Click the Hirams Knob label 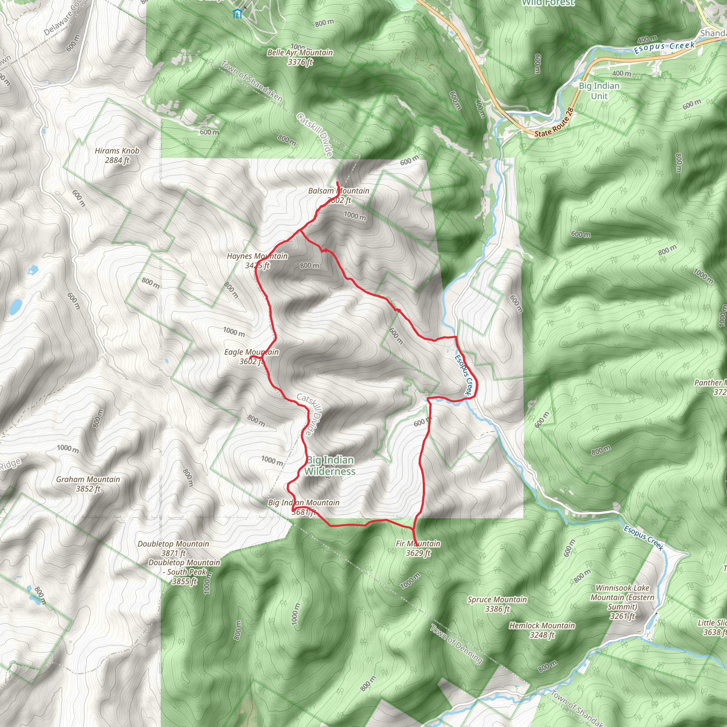[117, 155]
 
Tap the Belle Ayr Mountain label [300, 57]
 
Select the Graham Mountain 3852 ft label [88, 484]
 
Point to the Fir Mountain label [418, 548]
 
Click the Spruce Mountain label [497, 604]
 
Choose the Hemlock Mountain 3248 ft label [542, 630]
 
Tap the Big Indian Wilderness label [330, 465]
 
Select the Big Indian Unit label [599, 91]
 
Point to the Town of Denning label [456, 644]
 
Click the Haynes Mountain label [257, 261]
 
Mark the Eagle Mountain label [251, 357]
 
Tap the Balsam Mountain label [339, 195]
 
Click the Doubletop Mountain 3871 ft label [173, 548]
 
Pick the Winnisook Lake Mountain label [622, 602]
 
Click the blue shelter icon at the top [237, 14]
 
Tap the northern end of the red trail [337, 182]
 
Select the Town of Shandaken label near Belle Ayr [251, 81]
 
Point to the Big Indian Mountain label [304, 507]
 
